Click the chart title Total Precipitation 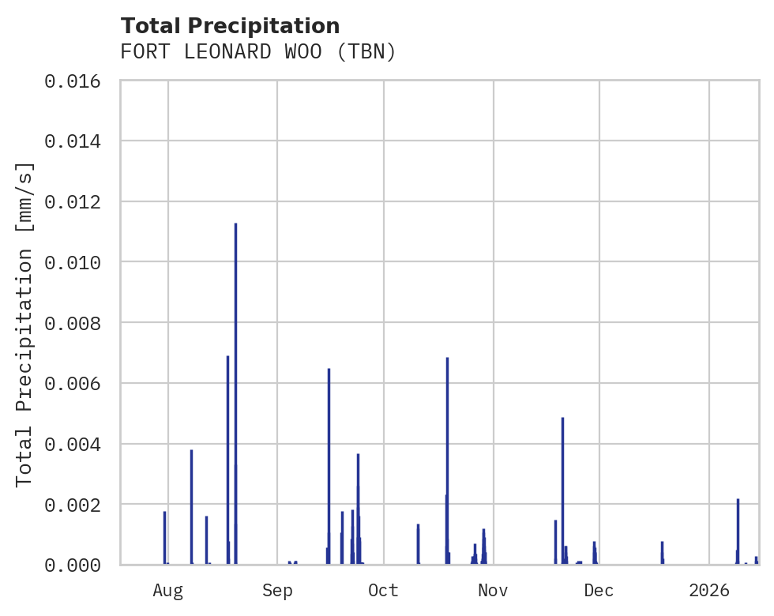tap(230, 26)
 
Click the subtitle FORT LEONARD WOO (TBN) tap(257, 52)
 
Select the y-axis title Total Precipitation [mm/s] tap(24, 323)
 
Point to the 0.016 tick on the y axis tap(73, 81)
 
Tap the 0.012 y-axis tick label tap(73, 201)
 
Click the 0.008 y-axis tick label tap(73, 323)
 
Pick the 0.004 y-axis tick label tap(73, 444)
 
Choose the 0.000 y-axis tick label tap(73, 565)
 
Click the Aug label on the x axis tap(168, 590)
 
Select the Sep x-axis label tap(277, 590)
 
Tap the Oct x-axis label tap(384, 590)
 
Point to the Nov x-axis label tap(493, 590)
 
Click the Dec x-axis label tap(599, 590)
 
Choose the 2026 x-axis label tap(709, 590)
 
